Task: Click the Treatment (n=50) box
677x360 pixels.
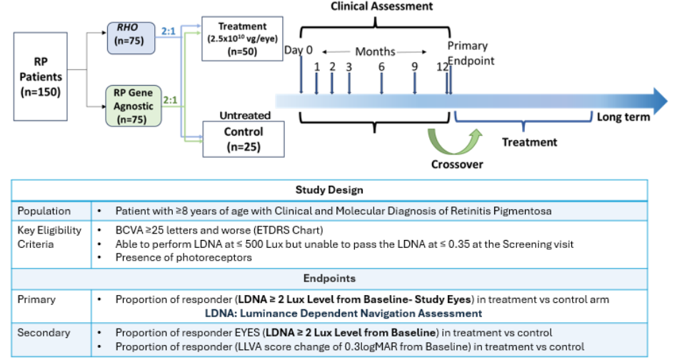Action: point(238,38)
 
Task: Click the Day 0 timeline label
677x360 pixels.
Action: point(298,50)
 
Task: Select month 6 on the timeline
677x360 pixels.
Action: point(381,66)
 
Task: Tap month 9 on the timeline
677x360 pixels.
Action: point(414,66)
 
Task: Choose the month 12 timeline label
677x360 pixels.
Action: point(442,66)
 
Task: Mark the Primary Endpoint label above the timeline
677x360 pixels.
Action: point(471,54)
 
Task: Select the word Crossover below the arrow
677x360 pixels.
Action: point(457,164)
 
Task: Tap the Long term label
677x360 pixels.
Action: point(623,117)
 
